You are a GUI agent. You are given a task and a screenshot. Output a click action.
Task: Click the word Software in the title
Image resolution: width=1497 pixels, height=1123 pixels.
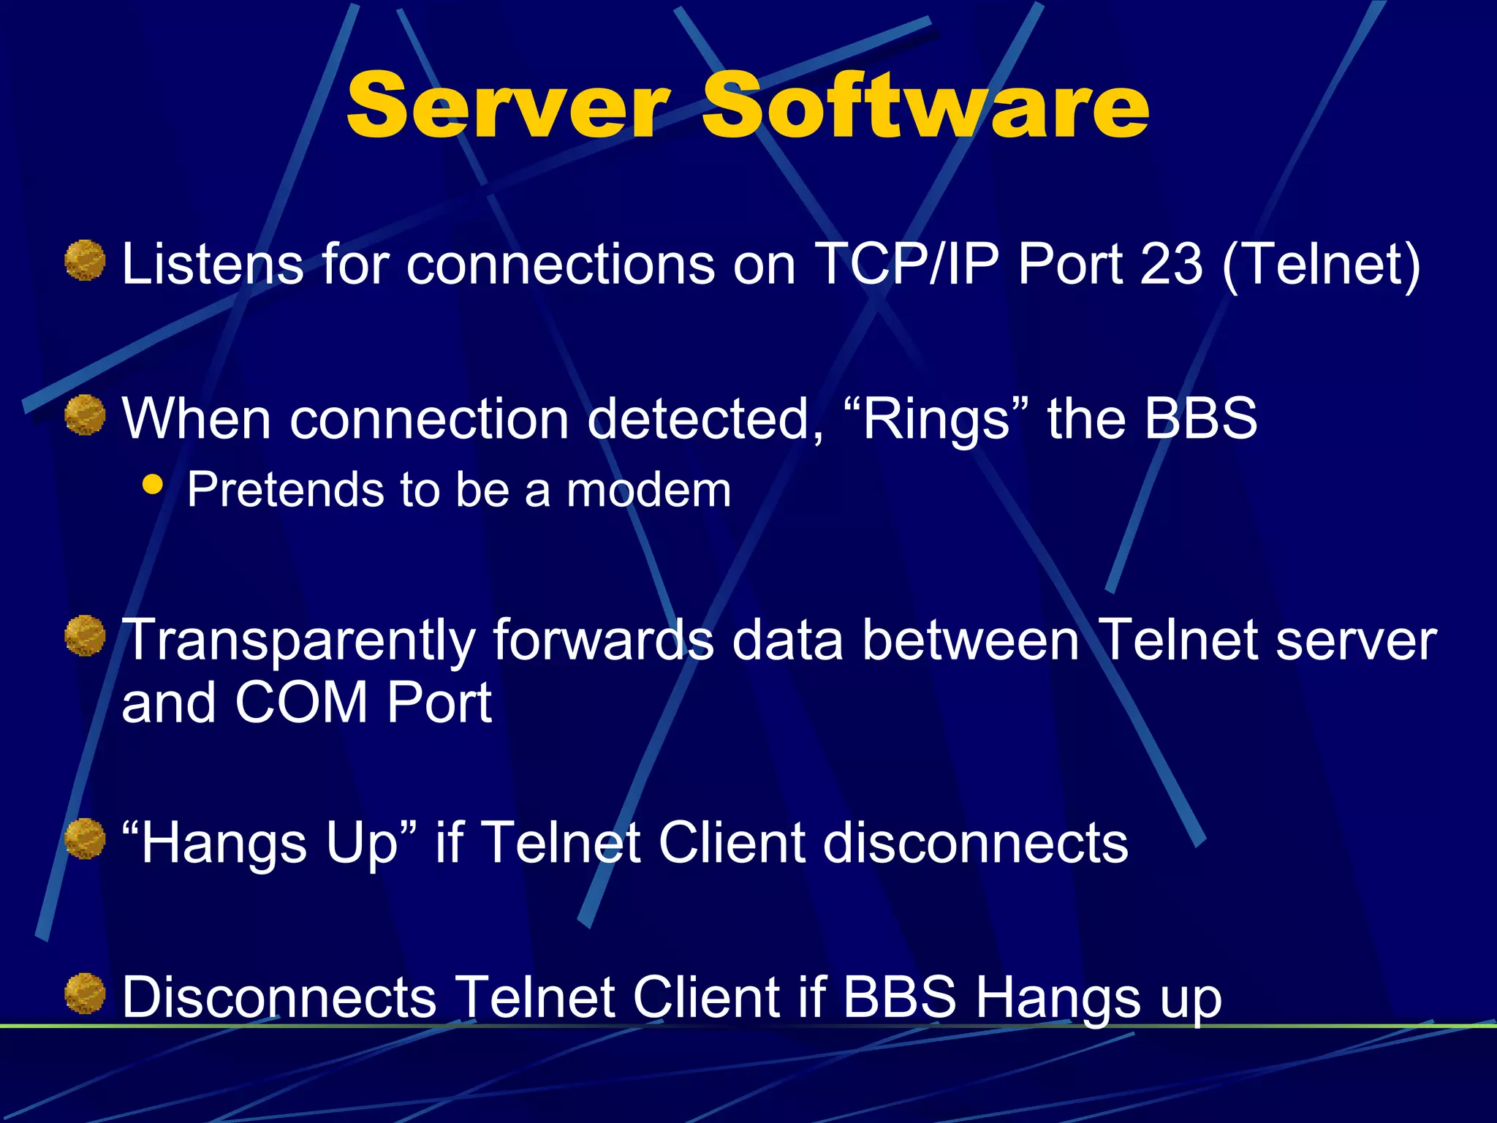[925, 106]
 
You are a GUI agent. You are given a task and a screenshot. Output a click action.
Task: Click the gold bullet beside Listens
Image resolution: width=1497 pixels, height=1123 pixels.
[85, 260]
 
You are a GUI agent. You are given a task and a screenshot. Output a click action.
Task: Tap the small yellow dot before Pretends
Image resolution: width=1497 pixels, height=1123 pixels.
[152, 484]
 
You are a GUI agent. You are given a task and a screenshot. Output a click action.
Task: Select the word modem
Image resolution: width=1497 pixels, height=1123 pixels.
[648, 491]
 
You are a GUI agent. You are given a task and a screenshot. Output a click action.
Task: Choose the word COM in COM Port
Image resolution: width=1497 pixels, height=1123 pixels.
[301, 703]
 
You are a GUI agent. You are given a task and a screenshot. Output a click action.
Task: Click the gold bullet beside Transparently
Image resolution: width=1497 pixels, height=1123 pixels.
[85, 635]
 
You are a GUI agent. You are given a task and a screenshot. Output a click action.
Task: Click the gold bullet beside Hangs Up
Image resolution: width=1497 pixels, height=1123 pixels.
[85, 839]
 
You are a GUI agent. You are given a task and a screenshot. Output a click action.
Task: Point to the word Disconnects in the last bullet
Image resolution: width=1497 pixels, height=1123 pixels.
[278, 997]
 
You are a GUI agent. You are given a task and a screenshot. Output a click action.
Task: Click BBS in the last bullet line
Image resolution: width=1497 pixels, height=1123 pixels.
[899, 997]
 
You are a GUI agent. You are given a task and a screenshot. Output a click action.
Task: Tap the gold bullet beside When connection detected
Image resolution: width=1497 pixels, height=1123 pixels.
[85, 415]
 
